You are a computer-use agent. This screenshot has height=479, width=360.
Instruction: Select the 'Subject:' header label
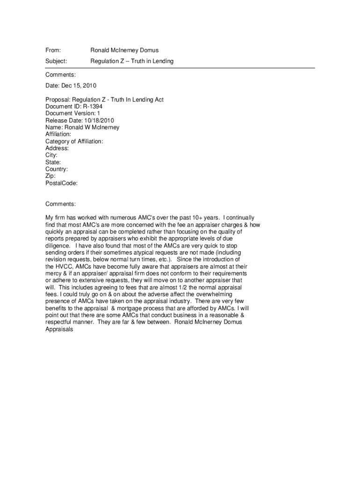click(x=56, y=61)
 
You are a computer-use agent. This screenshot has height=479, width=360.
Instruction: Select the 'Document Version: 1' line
click(x=72, y=113)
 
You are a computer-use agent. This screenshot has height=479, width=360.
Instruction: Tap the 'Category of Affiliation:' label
click(x=74, y=141)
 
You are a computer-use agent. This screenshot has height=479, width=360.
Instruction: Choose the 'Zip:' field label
click(x=50, y=176)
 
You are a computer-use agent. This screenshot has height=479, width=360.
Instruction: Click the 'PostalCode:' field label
click(x=61, y=183)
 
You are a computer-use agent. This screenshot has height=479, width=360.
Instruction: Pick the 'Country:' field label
click(x=57, y=169)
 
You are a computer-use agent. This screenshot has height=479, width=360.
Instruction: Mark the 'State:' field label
click(x=53, y=162)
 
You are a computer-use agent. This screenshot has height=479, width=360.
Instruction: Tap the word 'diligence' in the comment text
click(x=58, y=245)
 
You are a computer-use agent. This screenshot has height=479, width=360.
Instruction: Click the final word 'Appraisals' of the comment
click(x=59, y=329)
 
